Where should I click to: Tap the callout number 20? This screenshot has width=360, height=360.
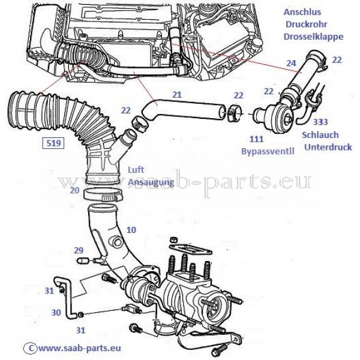74,190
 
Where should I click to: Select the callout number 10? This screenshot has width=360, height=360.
131,230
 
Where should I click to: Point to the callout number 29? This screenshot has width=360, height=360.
78,250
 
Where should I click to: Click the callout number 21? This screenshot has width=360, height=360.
176,94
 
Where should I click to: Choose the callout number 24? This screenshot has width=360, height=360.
291,63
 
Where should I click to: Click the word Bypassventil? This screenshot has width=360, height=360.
269,152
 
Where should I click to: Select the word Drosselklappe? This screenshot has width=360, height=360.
313,37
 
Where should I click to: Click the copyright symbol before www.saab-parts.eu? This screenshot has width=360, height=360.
26,347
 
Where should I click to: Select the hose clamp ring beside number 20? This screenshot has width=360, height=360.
100,193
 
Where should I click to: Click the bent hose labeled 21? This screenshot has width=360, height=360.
186,109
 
